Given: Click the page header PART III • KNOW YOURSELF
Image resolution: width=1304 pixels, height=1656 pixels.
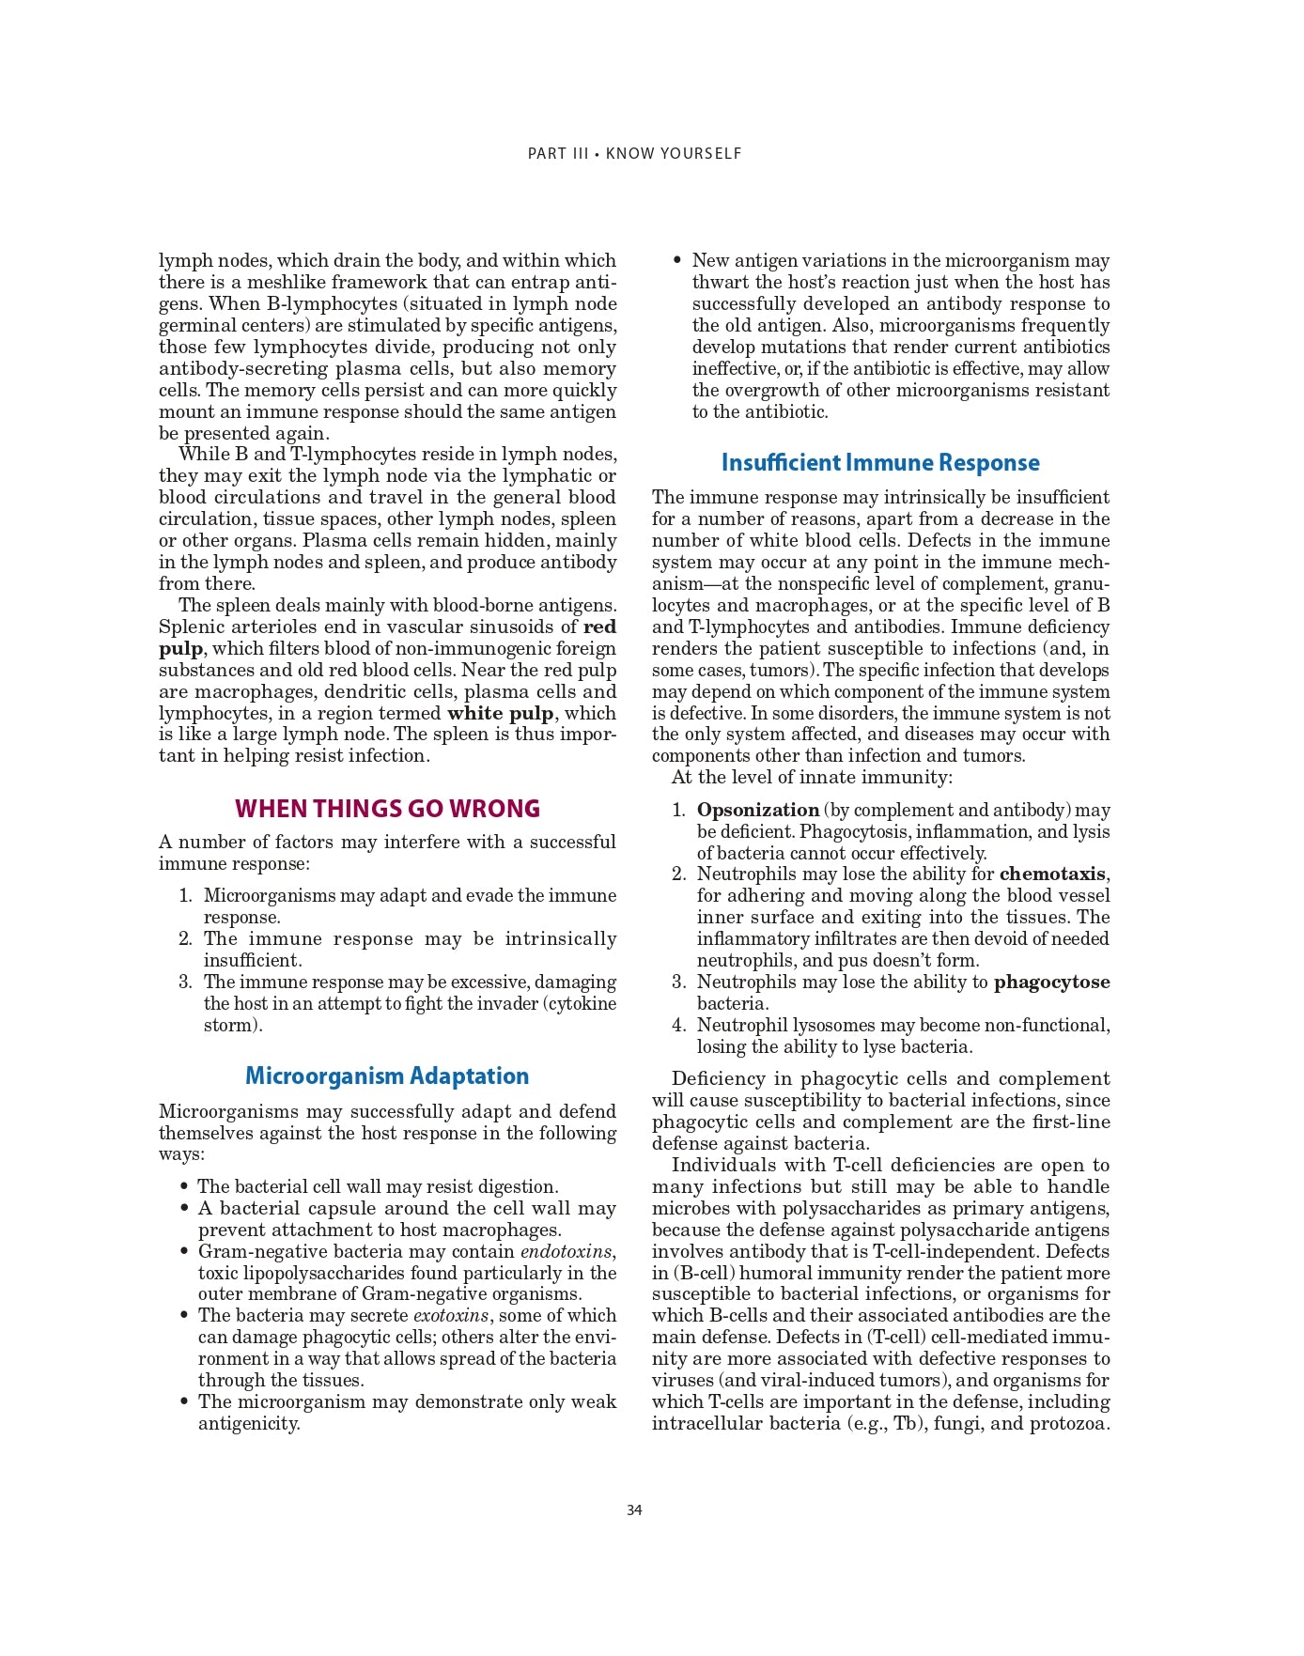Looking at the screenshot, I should click(634, 153).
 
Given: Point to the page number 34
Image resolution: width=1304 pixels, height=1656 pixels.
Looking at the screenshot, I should click(634, 1510).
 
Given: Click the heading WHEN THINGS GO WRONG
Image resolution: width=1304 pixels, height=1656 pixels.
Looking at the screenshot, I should click(387, 809).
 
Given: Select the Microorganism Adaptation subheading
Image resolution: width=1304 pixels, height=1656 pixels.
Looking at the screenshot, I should click(387, 1076).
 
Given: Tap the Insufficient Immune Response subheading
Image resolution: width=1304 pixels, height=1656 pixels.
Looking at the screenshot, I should click(880, 462).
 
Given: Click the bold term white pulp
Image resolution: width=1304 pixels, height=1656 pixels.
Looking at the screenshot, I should click(500, 713).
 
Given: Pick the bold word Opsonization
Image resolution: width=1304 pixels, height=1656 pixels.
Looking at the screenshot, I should click(757, 810).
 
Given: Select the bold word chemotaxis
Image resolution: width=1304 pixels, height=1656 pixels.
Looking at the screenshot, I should click(1052, 874).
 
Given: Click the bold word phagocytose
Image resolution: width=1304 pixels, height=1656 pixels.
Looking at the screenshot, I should click(1051, 983).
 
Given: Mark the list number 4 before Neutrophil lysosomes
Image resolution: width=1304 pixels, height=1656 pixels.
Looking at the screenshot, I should click(677, 1026).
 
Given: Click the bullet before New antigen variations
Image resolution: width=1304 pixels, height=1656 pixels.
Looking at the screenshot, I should click(677, 260).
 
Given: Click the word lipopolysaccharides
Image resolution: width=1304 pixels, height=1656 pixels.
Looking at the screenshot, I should click(340, 1273).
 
